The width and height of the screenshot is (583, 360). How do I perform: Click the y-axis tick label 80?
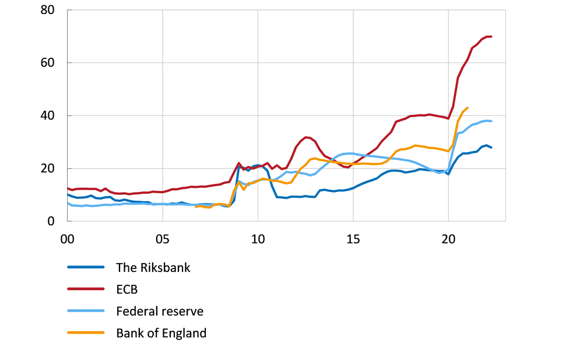[x=48, y=10]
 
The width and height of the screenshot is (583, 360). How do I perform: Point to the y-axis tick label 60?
[x=48, y=63]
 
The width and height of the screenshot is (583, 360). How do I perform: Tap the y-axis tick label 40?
[x=48, y=116]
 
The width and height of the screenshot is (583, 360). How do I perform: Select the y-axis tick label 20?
[x=48, y=169]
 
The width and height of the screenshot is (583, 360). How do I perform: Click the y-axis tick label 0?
[x=52, y=222]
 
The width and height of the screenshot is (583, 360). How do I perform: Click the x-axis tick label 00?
[x=67, y=239]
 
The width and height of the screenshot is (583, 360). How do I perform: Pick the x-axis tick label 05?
[x=162, y=239]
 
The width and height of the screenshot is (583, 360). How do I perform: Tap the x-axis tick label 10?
[x=258, y=239]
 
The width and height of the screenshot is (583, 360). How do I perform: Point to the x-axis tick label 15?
[x=353, y=239]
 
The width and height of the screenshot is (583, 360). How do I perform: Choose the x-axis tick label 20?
[x=448, y=239]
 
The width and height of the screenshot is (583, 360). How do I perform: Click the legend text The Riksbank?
[x=153, y=268]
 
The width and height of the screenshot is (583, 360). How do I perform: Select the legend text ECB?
[x=127, y=289]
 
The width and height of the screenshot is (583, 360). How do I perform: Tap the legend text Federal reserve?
[x=160, y=312]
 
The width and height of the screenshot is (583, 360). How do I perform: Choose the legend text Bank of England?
[x=161, y=333]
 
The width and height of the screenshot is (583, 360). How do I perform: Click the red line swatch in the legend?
[x=86, y=289]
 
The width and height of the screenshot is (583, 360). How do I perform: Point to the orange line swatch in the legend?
[x=86, y=333]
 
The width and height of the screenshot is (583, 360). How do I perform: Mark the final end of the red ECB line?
[x=491, y=37]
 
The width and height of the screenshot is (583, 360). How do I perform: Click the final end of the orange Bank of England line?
[x=468, y=107]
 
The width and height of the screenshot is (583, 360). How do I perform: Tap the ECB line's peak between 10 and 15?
[x=306, y=137]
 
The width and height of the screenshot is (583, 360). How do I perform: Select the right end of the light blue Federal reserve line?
[x=491, y=121]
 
